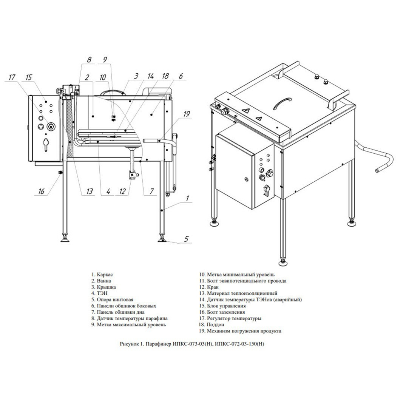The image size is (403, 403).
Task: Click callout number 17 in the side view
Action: (12, 77)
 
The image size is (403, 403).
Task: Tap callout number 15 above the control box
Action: (29, 77)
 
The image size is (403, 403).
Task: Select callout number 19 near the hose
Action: (187, 114)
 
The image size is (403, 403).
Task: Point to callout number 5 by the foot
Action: (186, 239)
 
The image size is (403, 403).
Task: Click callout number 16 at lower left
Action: (41, 191)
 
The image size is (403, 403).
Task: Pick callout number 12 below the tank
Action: (122, 191)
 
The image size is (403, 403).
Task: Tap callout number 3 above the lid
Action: (136, 76)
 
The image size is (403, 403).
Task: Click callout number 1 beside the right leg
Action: (187, 198)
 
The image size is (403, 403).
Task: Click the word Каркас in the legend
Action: (105, 275)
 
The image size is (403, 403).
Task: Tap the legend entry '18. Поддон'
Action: (212, 324)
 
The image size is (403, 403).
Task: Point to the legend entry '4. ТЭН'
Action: (99, 293)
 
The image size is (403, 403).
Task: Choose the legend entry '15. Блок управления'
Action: (222, 306)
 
